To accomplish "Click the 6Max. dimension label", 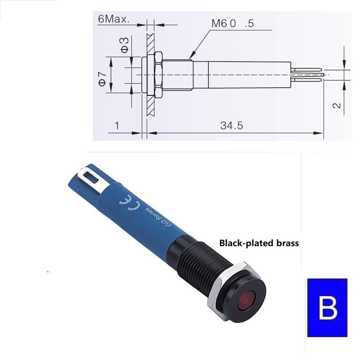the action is point(114,19).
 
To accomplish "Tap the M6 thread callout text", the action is point(233,23).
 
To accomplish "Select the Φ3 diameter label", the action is point(125,45).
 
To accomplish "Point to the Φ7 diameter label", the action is point(103,79).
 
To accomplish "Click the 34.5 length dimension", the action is point(232,126).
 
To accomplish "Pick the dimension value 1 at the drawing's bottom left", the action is point(117,126).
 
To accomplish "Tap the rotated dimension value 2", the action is point(337,105).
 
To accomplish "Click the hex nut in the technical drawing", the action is point(159,75).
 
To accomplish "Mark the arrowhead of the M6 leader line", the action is point(193,55).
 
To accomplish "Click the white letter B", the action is point(328,307).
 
